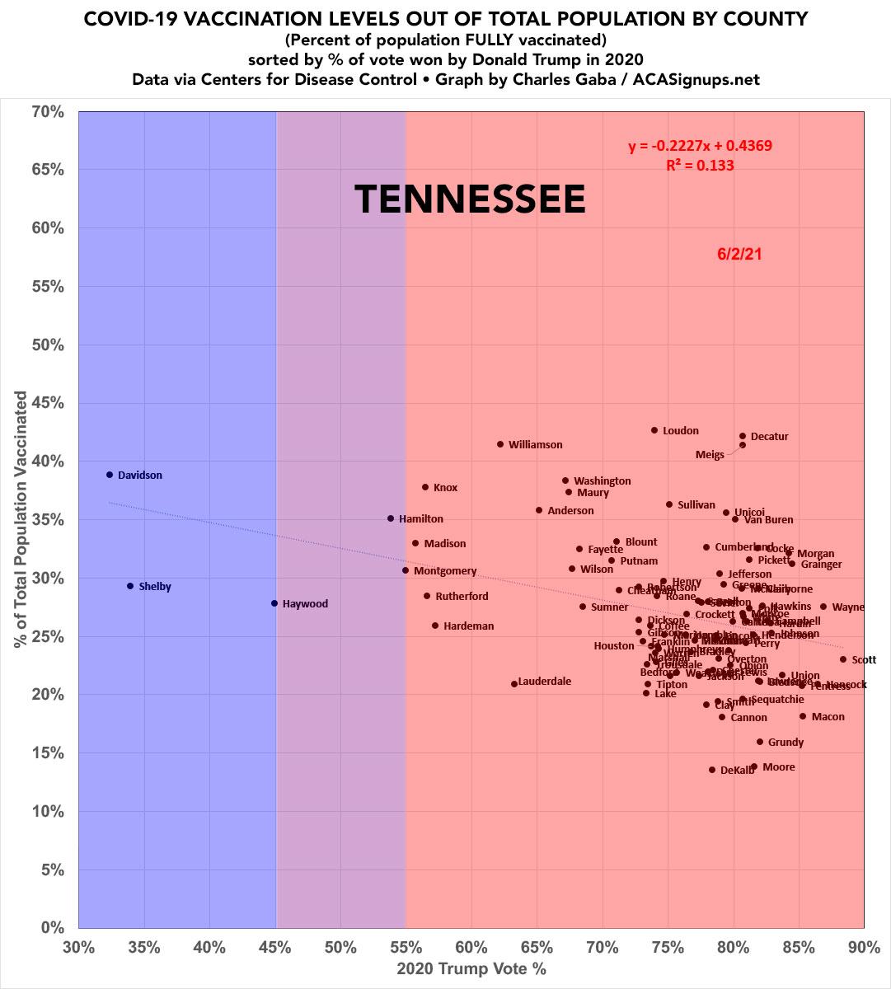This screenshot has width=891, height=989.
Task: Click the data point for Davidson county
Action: tap(110, 475)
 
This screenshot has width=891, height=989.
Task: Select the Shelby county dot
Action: tap(130, 586)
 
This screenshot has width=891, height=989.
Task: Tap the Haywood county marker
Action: tap(274, 603)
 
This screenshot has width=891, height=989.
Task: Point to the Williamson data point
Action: tap(500, 444)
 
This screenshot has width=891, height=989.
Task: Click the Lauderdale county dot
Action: tap(514, 683)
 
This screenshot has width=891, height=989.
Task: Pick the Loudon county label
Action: tap(680, 430)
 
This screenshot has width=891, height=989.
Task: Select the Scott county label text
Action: tap(864, 659)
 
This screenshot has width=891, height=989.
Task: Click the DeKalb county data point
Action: tap(712, 770)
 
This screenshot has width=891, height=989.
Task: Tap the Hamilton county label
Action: tap(420, 519)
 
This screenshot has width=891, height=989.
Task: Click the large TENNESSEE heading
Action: tap(470, 199)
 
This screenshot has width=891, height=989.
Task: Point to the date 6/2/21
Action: tap(739, 254)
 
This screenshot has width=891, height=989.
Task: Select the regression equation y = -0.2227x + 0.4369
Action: tap(700, 147)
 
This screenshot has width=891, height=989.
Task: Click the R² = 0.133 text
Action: tap(700, 165)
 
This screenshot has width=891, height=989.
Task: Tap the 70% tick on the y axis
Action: tap(48, 111)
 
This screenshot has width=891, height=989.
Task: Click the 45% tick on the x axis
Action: tap(275, 947)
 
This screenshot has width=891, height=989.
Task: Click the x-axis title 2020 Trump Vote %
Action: tap(471, 968)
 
